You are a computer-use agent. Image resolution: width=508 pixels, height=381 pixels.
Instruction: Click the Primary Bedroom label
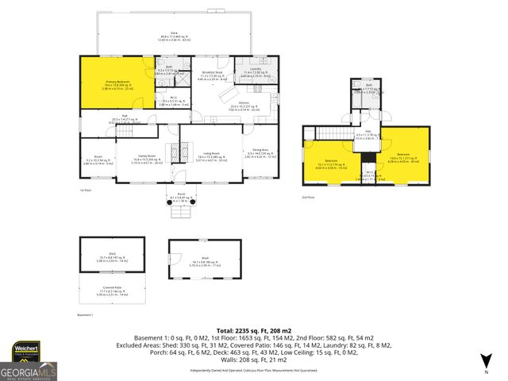pyautogui.click(x=117, y=84)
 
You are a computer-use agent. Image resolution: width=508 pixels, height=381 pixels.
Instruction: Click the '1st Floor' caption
pyautogui.click(x=86, y=190)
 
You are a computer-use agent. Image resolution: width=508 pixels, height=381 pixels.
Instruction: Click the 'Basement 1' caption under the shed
pyautogui.click(x=87, y=315)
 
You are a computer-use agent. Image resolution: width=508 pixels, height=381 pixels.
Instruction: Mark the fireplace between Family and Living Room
pyautogui.click(x=179, y=149)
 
